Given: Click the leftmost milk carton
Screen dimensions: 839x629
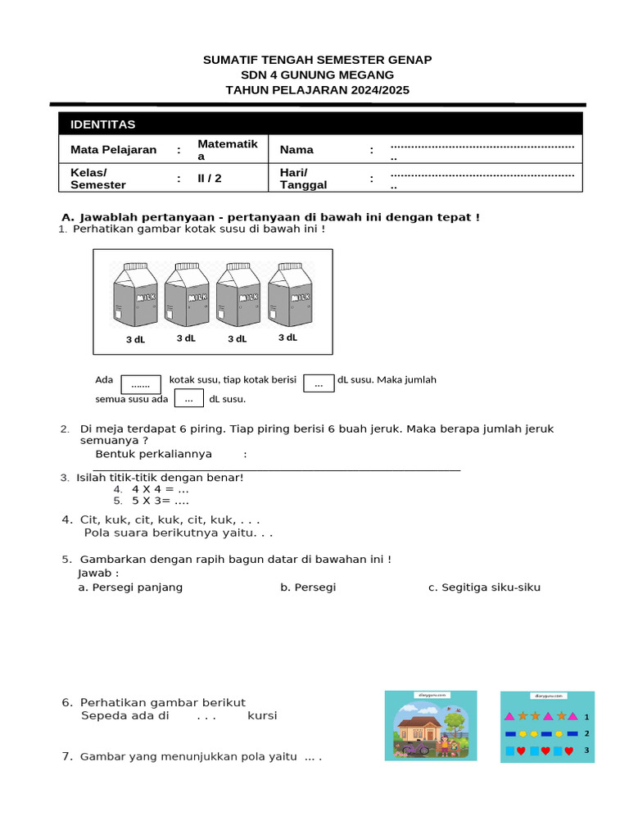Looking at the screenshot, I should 136,294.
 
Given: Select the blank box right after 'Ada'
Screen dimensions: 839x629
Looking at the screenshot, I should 141,383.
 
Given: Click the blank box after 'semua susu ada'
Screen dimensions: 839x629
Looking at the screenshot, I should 188,398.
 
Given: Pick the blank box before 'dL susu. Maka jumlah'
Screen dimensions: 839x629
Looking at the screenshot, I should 319,382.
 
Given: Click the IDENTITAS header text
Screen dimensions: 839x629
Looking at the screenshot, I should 103,125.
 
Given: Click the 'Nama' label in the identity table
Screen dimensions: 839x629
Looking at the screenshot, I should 296,150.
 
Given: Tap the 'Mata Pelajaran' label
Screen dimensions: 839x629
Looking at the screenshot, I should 113,150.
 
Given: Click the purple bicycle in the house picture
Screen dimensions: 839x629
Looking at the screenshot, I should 415,747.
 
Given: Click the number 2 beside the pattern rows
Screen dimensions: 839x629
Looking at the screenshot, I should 586,733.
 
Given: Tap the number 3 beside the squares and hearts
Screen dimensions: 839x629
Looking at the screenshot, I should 586,751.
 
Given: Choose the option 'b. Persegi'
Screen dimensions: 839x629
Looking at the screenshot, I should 308,587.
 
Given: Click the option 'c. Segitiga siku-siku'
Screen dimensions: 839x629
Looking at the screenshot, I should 484,587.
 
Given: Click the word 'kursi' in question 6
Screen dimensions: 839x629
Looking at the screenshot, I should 262,715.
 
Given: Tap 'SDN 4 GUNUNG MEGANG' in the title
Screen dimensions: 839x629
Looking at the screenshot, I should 317,75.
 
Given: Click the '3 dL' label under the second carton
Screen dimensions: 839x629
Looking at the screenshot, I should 186,338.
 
